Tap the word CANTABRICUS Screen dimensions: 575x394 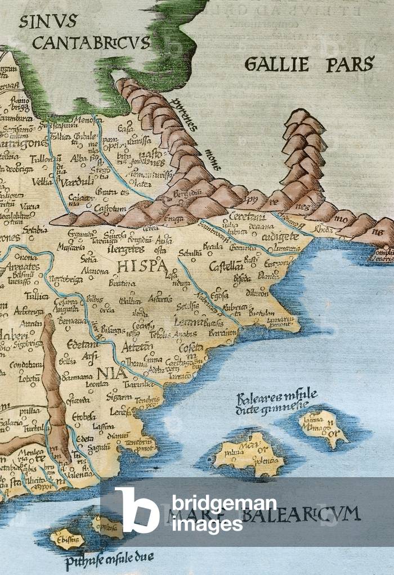coord(91,42)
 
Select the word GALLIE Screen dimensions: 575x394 coord(277,64)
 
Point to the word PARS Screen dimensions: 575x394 coord(350,64)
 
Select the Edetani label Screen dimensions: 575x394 coord(83,345)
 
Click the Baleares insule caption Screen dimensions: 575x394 coord(277,401)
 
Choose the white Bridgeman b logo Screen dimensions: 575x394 coord(137,510)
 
